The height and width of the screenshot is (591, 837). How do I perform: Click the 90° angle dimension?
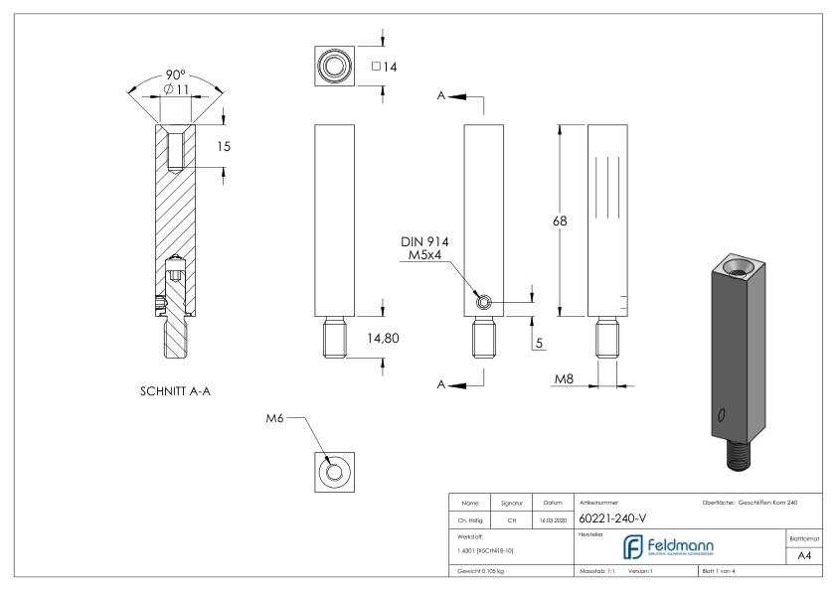(175, 76)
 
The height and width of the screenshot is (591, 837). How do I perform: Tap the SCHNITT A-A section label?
(175, 390)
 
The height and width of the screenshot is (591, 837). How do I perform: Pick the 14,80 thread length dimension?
(384, 339)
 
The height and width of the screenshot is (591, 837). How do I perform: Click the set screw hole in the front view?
(482, 303)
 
